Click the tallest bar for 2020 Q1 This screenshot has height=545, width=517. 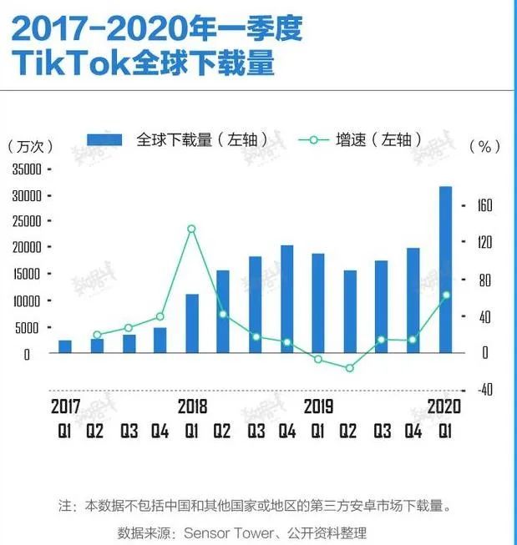pyautogui.click(x=445, y=269)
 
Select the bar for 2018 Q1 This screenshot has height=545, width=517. pyautogui.click(x=192, y=323)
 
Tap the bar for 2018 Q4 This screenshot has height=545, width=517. pyautogui.click(x=286, y=299)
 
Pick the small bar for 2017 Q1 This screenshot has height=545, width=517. pyautogui.click(x=65, y=346)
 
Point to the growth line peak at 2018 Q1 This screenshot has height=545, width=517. pyautogui.click(x=191, y=229)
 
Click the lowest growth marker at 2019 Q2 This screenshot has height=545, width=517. pyautogui.click(x=350, y=368)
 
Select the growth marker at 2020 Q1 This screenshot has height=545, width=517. pyautogui.click(x=446, y=295)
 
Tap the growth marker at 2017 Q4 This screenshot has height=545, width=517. pyautogui.click(x=160, y=316)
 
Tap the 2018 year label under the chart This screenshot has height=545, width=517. pyautogui.click(x=192, y=407)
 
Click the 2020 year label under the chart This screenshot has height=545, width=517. pyautogui.click(x=444, y=407)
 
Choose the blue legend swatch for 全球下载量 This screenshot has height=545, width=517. pyautogui.click(x=104, y=139)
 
